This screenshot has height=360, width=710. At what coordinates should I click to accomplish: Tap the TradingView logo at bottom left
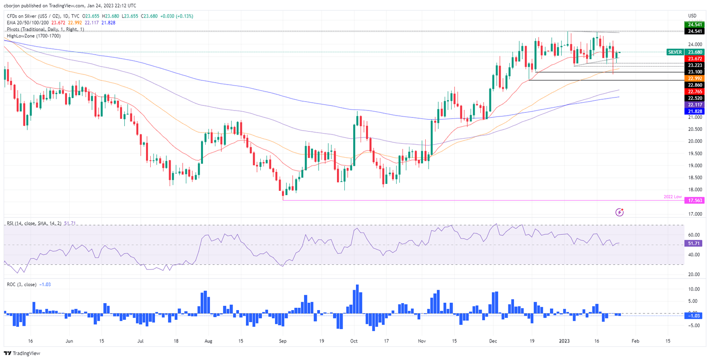point(22,354)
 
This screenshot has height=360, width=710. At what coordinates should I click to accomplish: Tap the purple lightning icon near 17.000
point(620,212)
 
